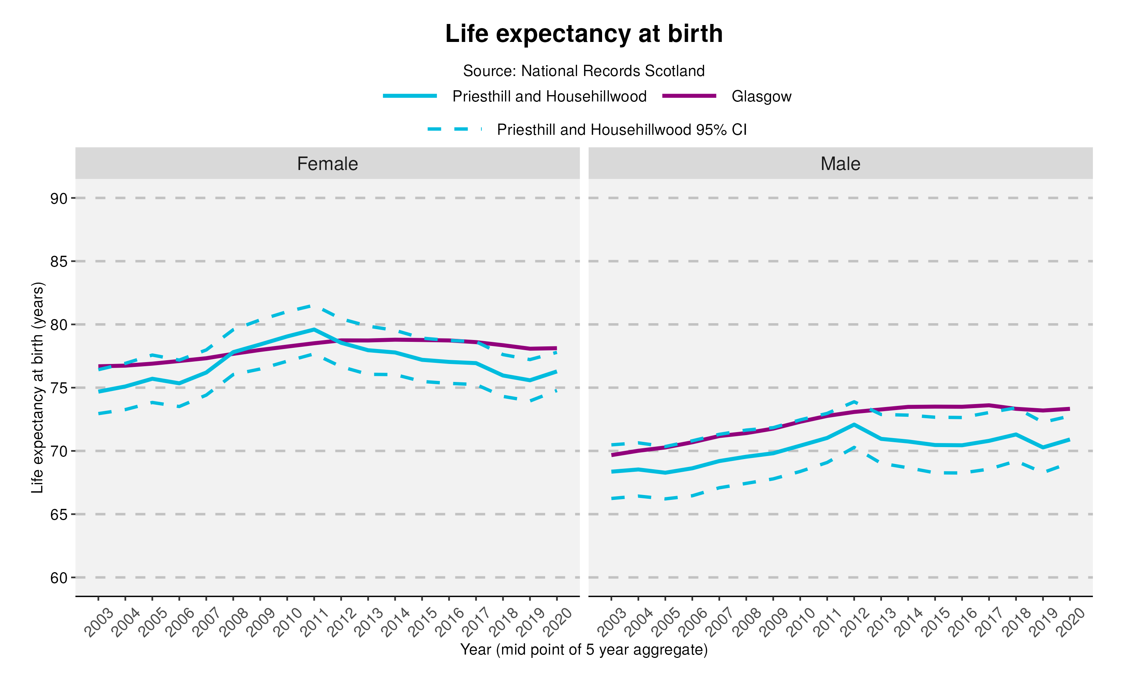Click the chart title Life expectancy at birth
pos(583,34)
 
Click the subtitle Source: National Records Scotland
pos(583,71)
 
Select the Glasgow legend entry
pos(761,96)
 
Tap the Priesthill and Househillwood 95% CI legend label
pos(622,130)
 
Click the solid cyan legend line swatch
pos(410,96)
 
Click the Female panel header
pos(327,164)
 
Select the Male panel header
pos(840,164)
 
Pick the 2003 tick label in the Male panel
pos(611,622)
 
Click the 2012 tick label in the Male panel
pos(853,622)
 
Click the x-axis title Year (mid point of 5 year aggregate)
pos(583,650)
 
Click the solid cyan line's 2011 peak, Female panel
pos(314,329)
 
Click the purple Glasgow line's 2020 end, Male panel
pos(1069,409)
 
